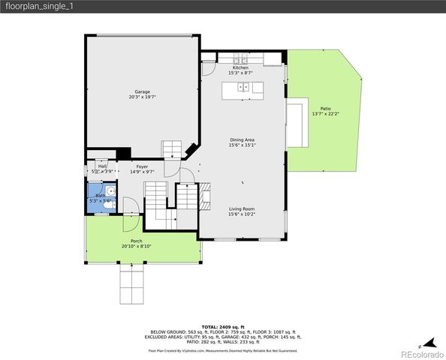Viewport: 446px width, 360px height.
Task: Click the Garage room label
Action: (x=142, y=91)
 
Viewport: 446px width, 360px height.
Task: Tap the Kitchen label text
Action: (x=240, y=67)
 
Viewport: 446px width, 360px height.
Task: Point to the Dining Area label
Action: (x=242, y=140)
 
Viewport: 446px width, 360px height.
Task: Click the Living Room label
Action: (x=242, y=208)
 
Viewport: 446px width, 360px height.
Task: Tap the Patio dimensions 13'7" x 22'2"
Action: (x=326, y=113)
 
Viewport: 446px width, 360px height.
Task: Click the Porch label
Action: (x=137, y=241)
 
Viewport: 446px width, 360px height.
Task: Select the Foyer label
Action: (x=142, y=166)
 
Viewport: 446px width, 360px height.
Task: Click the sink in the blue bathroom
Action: (x=110, y=191)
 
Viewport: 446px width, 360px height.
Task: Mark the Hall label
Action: (x=102, y=166)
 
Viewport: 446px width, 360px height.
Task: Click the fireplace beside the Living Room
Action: (x=204, y=196)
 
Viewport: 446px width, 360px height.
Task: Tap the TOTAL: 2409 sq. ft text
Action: (x=222, y=327)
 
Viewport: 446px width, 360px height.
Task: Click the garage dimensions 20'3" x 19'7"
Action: (x=142, y=97)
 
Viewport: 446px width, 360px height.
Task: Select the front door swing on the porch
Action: (x=128, y=205)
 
